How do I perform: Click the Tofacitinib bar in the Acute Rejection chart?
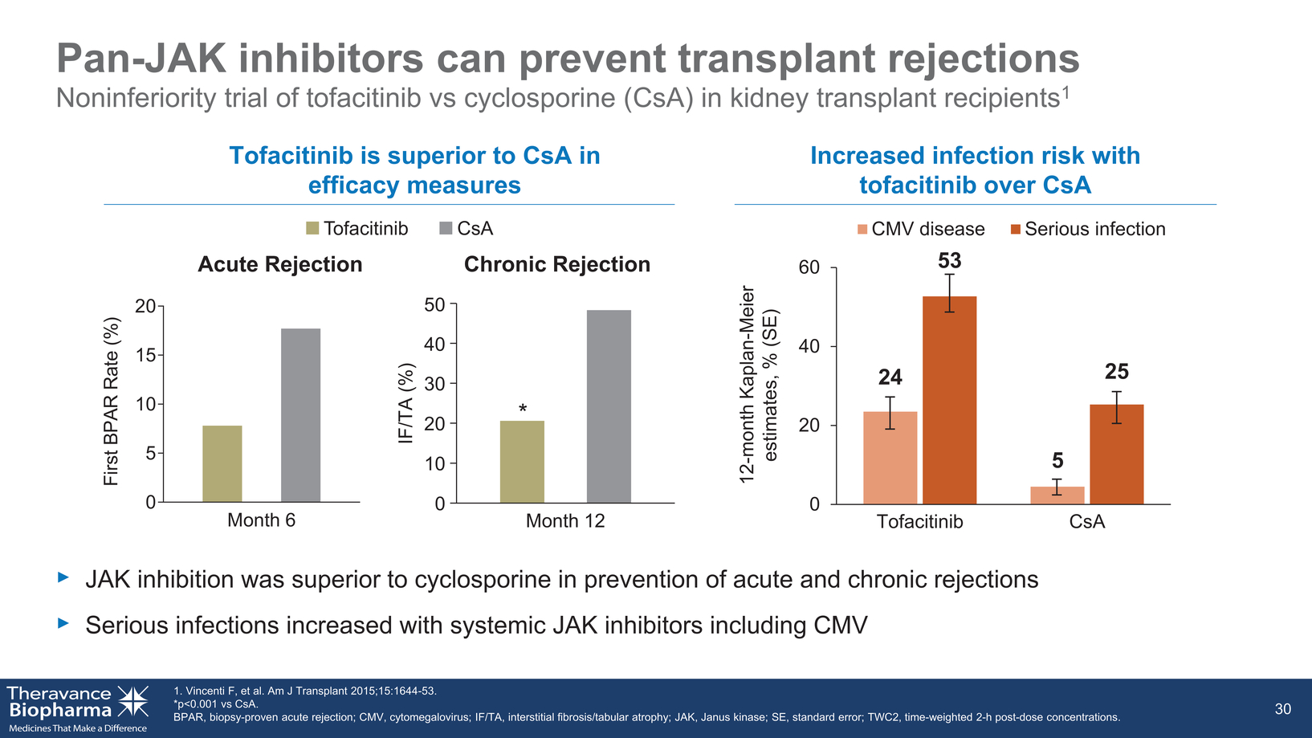point(222,463)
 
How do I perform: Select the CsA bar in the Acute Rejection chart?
point(300,415)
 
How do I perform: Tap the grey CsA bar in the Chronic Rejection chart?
point(609,406)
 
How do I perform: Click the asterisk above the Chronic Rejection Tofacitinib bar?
point(523,408)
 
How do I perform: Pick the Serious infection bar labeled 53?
point(949,400)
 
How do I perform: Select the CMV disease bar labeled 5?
point(1057,495)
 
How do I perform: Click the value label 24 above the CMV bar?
point(890,377)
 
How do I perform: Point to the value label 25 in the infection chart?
point(1116,371)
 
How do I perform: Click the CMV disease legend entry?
point(921,228)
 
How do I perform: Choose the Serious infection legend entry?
point(1088,228)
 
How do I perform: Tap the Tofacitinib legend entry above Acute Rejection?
point(357,228)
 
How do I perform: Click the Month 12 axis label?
point(565,520)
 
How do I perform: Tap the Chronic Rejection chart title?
point(557,264)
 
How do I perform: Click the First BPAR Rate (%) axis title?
point(112,402)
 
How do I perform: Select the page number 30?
point(1283,709)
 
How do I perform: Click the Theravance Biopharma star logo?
point(133,701)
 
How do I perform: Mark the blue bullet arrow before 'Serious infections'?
point(63,623)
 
